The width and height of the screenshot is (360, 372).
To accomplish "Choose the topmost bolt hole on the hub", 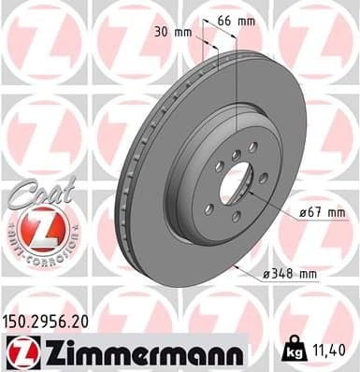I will click(251, 146).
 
